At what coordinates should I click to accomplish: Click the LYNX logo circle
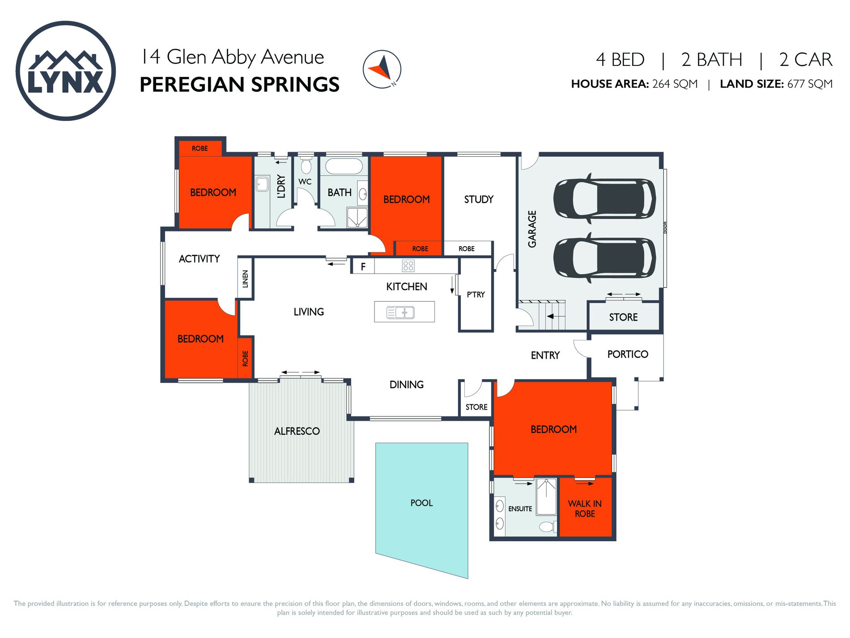[66, 71]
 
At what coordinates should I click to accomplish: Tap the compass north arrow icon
[382, 69]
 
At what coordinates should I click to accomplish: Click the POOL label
[421, 503]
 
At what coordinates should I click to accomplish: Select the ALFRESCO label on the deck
[297, 431]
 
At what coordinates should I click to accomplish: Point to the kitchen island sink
[400, 312]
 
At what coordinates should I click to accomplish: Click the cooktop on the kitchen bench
[408, 266]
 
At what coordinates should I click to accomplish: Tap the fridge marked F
[363, 267]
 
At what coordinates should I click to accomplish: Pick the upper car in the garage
[604, 198]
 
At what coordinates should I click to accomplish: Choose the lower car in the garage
[604, 257]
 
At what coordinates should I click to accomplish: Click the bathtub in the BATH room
[344, 167]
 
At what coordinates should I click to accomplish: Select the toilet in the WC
[306, 167]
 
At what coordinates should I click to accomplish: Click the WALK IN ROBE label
[585, 509]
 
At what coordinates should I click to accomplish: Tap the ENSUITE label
[520, 509]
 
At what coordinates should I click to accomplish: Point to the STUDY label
[479, 199]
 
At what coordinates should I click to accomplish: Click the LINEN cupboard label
[245, 278]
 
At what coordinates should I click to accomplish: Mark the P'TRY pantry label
[476, 294]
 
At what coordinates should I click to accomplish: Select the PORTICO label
[628, 354]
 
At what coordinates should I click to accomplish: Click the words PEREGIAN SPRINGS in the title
[239, 85]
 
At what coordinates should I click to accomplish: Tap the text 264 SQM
[675, 84]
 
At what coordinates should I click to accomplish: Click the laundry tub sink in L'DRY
[262, 184]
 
